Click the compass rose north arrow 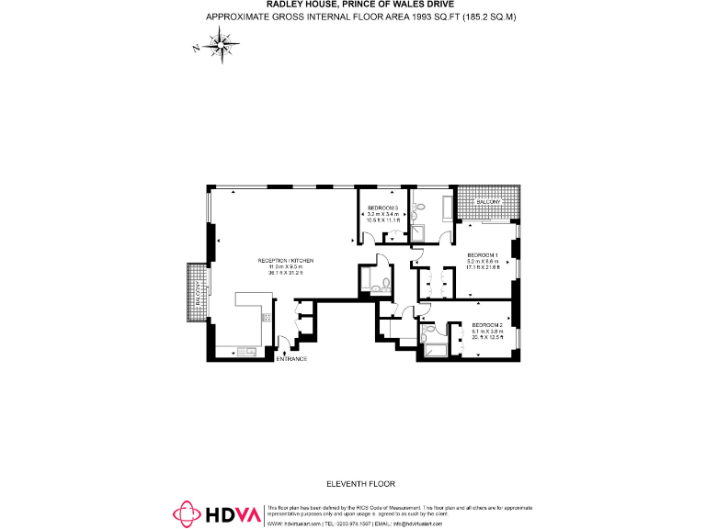[220, 42]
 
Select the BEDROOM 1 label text [482, 254]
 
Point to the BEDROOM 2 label [486, 325]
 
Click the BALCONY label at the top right [487, 201]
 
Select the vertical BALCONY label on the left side [197, 293]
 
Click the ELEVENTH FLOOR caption [360, 483]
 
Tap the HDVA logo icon [187, 513]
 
